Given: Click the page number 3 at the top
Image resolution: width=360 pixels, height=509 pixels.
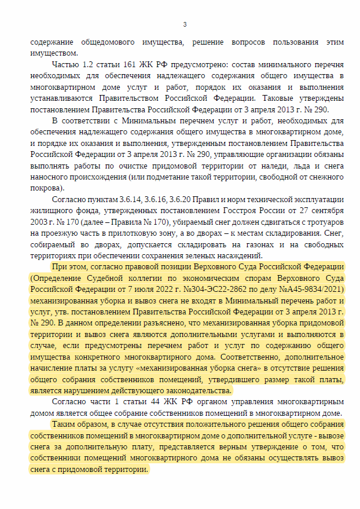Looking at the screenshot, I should pyautogui.click(x=184, y=24).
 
